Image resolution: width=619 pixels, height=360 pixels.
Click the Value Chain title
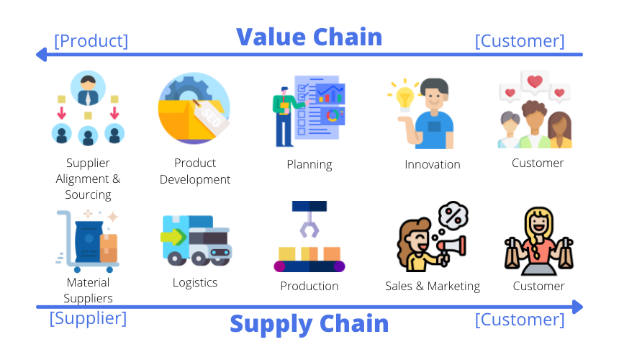309,37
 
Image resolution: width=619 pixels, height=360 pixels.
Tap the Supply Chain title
309,324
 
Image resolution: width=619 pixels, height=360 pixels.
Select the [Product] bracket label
91,41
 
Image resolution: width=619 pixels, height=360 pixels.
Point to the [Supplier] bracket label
88,318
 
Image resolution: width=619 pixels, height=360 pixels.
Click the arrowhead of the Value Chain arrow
41,55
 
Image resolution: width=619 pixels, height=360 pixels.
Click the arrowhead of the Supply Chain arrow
577,307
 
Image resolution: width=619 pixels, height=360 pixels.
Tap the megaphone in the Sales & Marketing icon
453,248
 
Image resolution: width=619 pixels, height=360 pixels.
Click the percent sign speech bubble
453,216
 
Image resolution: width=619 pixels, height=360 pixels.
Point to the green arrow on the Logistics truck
173,237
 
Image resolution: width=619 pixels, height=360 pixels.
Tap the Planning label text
309,165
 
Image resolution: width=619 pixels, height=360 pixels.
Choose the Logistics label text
195,283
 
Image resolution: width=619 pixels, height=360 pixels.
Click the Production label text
309,286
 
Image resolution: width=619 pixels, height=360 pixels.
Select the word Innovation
433,164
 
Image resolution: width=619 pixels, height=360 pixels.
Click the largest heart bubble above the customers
535,82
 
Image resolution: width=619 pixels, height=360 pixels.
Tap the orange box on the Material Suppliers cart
109,248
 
